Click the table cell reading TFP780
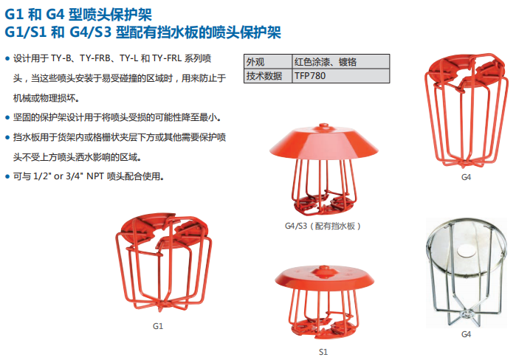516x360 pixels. coord(340,76)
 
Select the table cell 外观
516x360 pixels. coord(268,61)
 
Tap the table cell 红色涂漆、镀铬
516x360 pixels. coord(340,61)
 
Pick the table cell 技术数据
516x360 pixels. coord(268,76)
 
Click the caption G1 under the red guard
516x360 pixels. coord(158,326)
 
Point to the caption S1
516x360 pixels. coord(323,352)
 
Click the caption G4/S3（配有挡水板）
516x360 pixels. coord(323,226)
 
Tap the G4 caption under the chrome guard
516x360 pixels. coord(466,334)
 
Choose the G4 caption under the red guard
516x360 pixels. coord(466,177)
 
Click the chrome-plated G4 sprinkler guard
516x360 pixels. coord(466,272)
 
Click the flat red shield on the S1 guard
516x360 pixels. coord(325,278)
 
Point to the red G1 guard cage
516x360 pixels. coord(164,262)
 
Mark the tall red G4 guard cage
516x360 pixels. coord(466,110)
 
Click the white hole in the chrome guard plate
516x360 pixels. coord(466,252)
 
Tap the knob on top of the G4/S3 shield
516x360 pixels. coord(323,126)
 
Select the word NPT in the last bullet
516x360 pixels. coord(95,176)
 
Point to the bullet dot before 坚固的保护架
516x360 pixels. coord(7,118)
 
